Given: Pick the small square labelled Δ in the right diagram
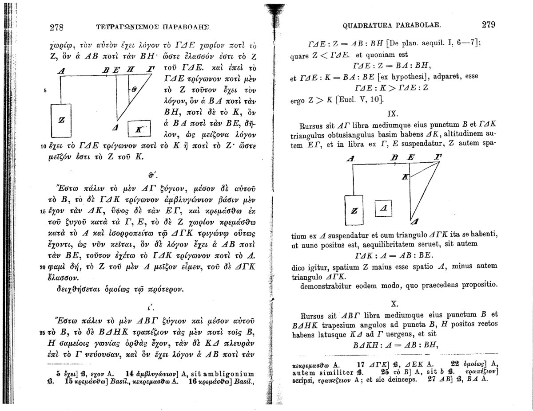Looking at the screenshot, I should [385, 207].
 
